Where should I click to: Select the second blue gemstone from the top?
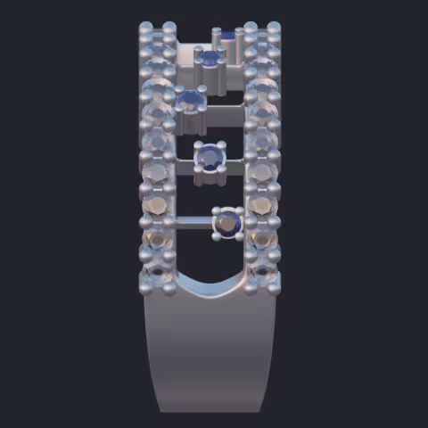pyautogui.click(x=210, y=60)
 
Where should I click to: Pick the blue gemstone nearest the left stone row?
pyautogui.click(x=190, y=98)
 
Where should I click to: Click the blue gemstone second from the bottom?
pyautogui.click(x=210, y=158)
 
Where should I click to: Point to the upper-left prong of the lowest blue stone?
pyautogui.click(x=216, y=211)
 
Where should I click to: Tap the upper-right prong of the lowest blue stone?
pyautogui.click(x=239, y=211)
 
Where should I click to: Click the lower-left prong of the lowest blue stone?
pyautogui.click(x=217, y=236)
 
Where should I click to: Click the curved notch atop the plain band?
pyautogui.click(x=212, y=287)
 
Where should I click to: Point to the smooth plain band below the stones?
pyautogui.click(x=212, y=357)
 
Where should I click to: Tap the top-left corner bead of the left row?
pyautogui.click(x=145, y=29)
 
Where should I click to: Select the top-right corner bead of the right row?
pyautogui.click(x=276, y=29)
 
